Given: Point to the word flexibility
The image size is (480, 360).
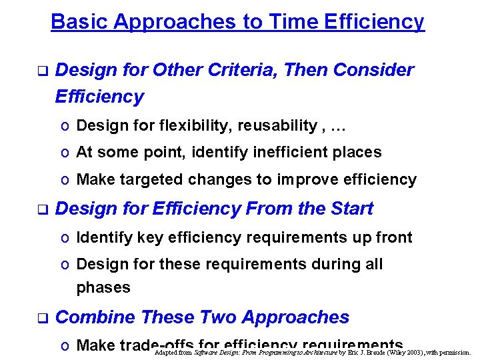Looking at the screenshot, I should click(x=170, y=125).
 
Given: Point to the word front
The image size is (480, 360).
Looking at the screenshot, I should click(x=396, y=237).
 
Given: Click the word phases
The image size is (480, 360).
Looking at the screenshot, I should click(x=103, y=288).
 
